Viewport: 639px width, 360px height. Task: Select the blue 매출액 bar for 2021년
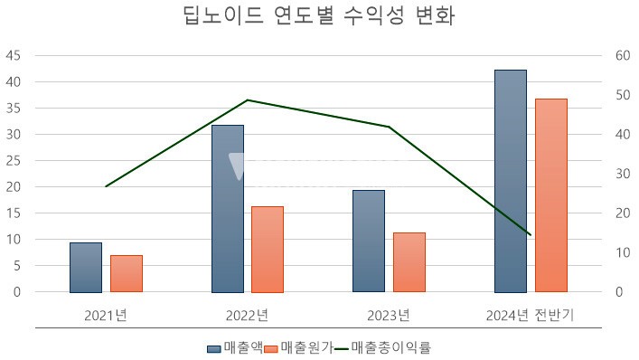[86, 268]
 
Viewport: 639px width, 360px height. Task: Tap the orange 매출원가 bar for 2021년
[127, 274]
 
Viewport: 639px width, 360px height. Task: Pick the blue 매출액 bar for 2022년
[228, 209]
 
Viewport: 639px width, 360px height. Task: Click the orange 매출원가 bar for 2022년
[268, 250]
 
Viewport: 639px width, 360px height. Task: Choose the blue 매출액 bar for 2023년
[369, 242]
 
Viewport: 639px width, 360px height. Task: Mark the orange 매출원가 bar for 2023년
[409, 262]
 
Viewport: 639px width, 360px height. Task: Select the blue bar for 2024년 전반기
[511, 181]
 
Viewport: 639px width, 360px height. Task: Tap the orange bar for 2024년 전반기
[551, 195]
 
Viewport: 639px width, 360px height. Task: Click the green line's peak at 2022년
[248, 100]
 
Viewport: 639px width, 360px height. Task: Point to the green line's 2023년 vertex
[390, 127]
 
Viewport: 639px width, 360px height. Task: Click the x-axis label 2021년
[106, 316]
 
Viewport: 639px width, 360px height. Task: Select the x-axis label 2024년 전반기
[531, 316]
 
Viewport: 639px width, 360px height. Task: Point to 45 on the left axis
[14, 55]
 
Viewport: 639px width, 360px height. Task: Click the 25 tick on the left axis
[14, 161]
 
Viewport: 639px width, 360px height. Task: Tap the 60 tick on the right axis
[622, 55]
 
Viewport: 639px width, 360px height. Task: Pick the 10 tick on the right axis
[622, 253]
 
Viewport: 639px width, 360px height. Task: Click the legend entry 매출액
[236, 347]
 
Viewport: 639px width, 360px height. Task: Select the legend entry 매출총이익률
[390, 347]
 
